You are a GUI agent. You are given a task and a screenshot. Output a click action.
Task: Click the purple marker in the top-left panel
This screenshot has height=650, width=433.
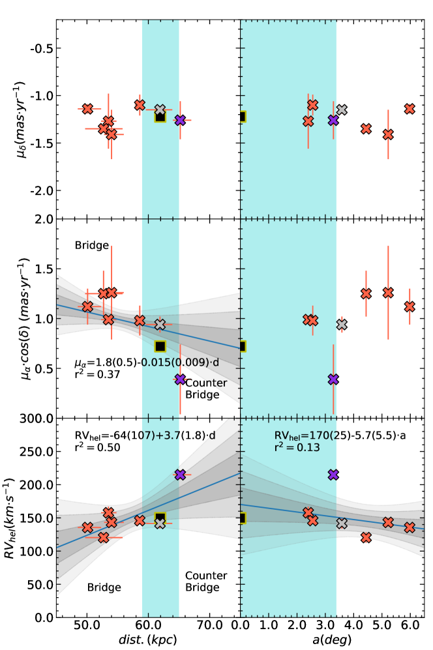pos(180,119)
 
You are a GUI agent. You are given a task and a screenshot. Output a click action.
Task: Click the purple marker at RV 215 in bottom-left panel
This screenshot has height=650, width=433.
pos(180,475)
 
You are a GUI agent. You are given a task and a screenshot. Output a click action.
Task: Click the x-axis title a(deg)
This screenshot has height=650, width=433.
pos(334,642)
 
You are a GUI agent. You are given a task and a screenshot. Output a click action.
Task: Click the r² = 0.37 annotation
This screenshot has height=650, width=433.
pos(97,376)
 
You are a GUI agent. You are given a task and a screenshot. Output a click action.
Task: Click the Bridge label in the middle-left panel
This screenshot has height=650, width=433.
pos(91,246)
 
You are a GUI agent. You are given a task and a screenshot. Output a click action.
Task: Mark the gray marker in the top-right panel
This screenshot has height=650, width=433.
pos(342,110)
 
